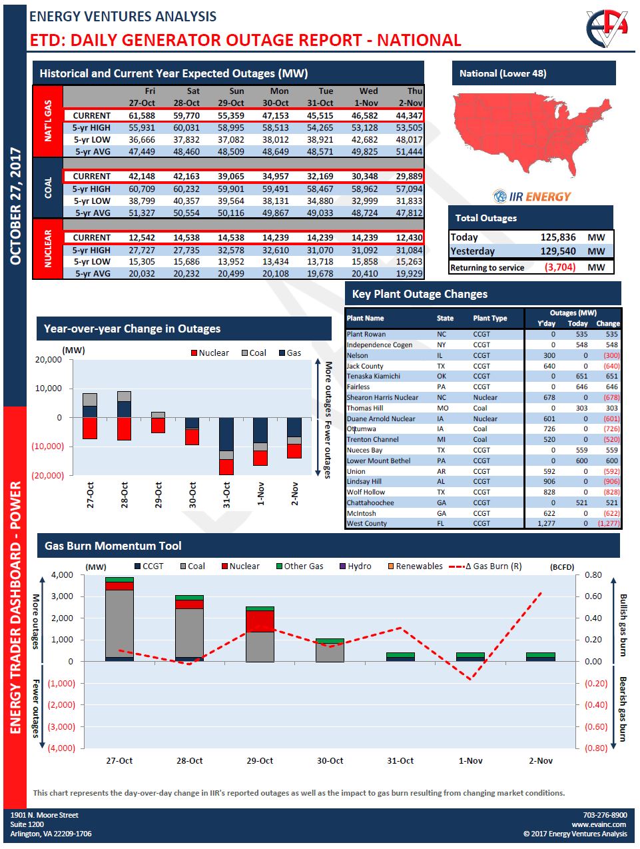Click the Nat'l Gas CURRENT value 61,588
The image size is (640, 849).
point(141,115)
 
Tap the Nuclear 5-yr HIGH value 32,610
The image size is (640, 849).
point(275,250)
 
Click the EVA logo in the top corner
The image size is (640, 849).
point(607,29)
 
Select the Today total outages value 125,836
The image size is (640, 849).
point(558,237)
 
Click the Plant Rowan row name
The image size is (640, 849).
point(366,335)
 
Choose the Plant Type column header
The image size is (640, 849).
point(489,319)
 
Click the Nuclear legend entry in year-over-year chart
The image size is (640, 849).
point(209,353)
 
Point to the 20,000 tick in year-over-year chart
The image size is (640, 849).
point(48,360)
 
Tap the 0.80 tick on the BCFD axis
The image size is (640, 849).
point(593,575)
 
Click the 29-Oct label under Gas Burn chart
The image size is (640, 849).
point(260,760)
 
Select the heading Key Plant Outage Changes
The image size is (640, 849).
point(420,294)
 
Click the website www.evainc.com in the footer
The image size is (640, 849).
point(599,824)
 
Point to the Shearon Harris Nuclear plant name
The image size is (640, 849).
point(382,398)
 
